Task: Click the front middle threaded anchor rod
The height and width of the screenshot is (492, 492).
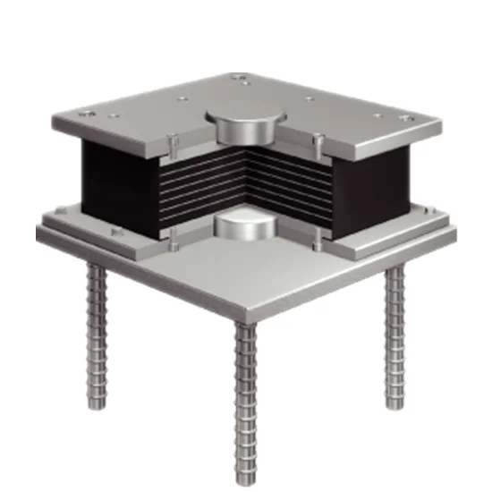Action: click(246, 394)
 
